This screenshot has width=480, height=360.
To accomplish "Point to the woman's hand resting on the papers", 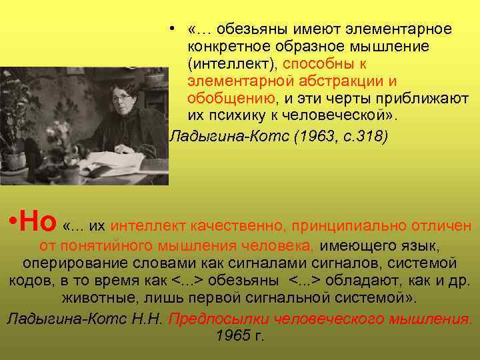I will [x=137, y=148].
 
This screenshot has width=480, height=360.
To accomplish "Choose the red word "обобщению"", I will [x=231, y=99].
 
